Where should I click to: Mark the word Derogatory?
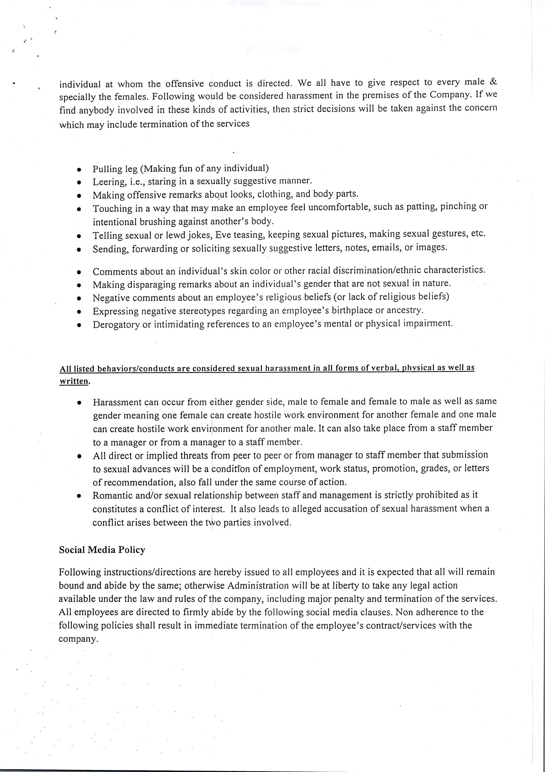116,325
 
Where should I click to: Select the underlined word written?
74,382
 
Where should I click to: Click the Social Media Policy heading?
102,550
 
